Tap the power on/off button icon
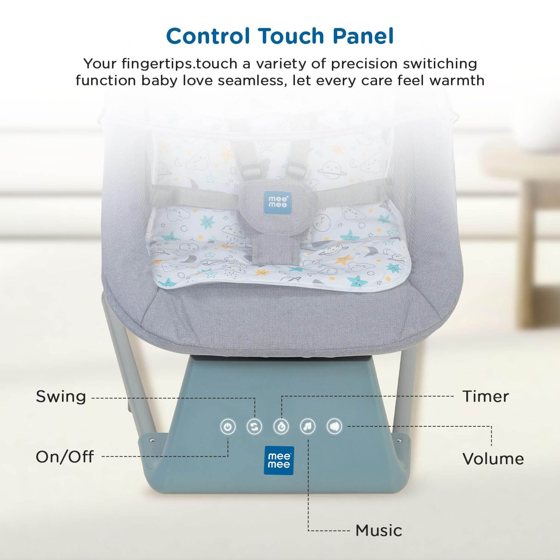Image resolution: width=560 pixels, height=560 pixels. (x=228, y=427)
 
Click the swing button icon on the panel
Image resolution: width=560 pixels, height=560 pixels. (x=255, y=426)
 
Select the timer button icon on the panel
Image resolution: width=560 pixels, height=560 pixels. (x=281, y=426)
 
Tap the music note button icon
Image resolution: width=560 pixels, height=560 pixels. (x=308, y=426)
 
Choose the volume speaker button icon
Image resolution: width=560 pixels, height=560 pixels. (x=334, y=426)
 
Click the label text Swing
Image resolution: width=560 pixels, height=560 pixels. (x=61, y=396)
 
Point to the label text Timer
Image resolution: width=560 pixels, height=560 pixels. (x=486, y=396)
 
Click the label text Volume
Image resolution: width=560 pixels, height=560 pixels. (x=493, y=459)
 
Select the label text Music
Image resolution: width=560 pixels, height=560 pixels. (x=379, y=530)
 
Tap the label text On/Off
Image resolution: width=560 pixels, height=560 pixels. (x=65, y=457)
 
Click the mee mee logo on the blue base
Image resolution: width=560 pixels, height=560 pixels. (x=279, y=461)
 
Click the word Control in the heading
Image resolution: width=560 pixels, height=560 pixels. (x=208, y=36)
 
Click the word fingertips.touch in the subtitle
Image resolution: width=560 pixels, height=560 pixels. (x=179, y=64)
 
